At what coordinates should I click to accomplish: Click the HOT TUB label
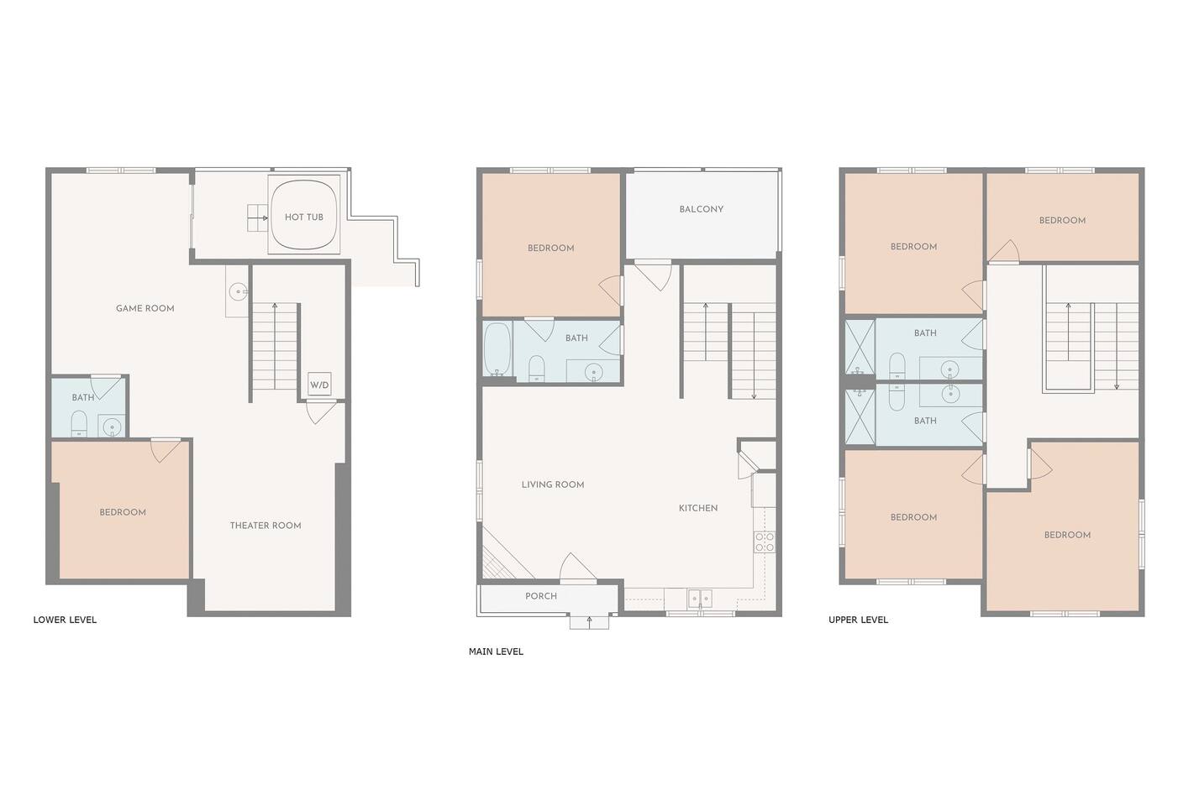tap(303, 217)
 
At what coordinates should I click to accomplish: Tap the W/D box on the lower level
tap(319, 384)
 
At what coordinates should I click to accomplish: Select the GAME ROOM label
tap(145, 308)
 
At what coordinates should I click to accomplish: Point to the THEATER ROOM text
tap(266, 526)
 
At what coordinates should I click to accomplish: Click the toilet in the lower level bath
tap(79, 423)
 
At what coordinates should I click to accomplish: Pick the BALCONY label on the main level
tap(701, 209)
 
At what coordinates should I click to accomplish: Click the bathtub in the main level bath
tap(497, 349)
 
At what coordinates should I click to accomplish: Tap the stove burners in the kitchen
tap(765, 542)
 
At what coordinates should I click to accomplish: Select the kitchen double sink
tap(700, 599)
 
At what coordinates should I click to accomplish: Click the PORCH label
tap(540, 596)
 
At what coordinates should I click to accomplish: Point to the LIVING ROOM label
tap(553, 484)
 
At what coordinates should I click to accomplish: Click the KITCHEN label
tap(698, 508)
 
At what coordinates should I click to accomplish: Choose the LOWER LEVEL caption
tap(65, 620)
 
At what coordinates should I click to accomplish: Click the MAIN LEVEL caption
tap(496, 652)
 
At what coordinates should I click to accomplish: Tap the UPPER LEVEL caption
tap(858, 620)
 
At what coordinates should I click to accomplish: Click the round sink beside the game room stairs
tap(239, 291)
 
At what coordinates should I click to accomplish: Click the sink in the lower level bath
tap(112, 427)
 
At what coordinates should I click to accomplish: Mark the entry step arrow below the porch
tap(590, 621)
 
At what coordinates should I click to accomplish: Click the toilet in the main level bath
tap(536, 369)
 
